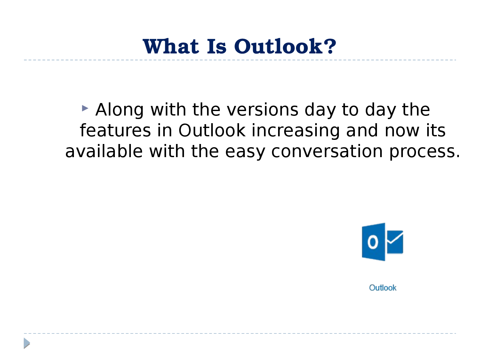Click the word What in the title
click(x=171, y=46)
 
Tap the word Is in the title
click(x=217, y=46)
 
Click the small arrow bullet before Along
click(x=85, y=108)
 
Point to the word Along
click(x=120, y=110)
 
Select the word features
click(x=115, y=130)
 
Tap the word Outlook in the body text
click(x=212, y=130)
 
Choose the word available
click(x=104, y=151)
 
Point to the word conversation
click(x=327, y=151)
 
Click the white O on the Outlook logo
click(x=372, y=242)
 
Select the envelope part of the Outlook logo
click(x=395, y=242)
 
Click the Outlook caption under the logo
click(x=383, y=288)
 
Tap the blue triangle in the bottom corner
click(x=27, y=343)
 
